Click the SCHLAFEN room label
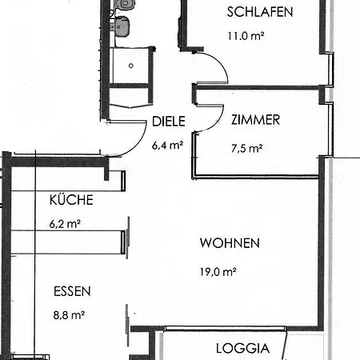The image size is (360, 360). point(260,12)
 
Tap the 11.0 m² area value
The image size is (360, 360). point(246,36)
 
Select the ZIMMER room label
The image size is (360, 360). point(255,120)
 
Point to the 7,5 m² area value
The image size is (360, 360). point(246,148)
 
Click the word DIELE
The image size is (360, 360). point(169,122)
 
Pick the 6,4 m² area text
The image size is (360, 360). point(167,146)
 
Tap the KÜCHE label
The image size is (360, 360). point(71,200)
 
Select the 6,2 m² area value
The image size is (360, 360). point(65,224)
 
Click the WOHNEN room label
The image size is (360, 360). point(230,243)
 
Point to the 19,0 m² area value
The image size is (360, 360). point(218,272)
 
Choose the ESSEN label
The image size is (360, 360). point(72,291)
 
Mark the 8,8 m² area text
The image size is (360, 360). point(69,315)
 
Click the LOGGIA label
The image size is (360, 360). point(242,349)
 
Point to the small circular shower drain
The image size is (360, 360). point(130,66)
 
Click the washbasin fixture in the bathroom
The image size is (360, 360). point(122,26)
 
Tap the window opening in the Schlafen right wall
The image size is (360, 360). point(330,70)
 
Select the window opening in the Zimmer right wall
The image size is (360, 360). point(330,130)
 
